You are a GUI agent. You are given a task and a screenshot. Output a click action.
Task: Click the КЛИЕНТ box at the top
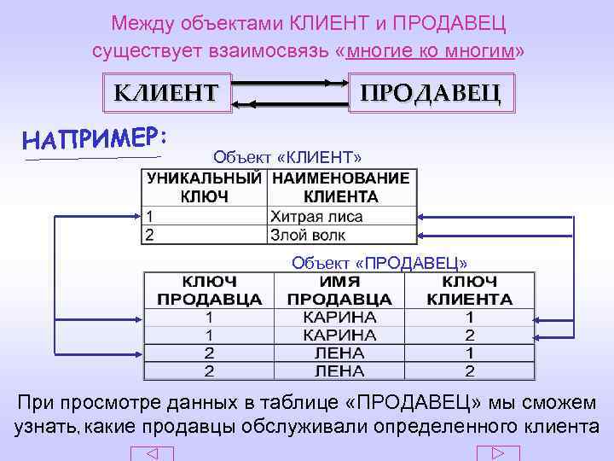pyautogui.click(x=166, y=91)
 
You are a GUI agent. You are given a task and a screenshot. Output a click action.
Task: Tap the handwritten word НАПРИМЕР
pyautogui.click(x=95, y=139)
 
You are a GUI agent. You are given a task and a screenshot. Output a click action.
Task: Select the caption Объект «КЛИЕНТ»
pyautogui.click(x=287, y=157)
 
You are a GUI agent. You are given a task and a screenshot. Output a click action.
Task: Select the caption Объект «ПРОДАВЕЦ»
pyautogui.click(x=379, y=262)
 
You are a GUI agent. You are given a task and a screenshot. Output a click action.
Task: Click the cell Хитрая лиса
pyautogui.click(x=316, y=217)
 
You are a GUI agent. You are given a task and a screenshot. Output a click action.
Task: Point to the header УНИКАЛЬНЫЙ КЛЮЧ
pyautogui.click(x=204, y=188)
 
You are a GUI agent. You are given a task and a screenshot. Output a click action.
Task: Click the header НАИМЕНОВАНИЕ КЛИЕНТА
pyautogui.click(x=341, y=188)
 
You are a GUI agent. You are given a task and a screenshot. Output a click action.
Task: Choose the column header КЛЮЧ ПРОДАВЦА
pyautogui.click(x=210, y=290)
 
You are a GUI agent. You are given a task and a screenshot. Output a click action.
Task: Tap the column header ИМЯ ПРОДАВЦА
pyautogui.click(x=339, y=290)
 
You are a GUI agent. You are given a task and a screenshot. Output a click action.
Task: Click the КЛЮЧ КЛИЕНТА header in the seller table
pyautogui.click(x=470, y=290)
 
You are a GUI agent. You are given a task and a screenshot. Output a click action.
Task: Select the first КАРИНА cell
pyautogui.click(x=339, y=317)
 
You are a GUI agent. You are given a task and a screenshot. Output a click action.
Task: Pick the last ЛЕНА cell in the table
pyautogui.click(x=339, y=371)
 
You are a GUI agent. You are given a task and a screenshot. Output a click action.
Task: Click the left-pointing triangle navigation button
pyautogui.click(x=151, y=454)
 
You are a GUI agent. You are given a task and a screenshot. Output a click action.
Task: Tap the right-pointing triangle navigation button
pyautogui.click(x=498, y=454)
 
